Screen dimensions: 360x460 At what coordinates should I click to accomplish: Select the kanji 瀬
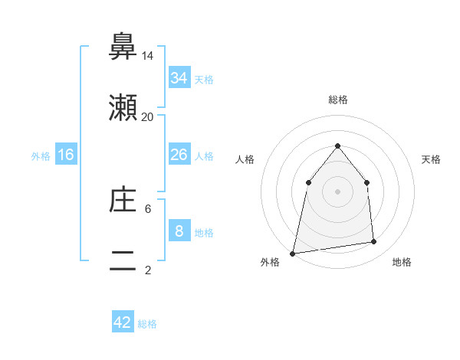pyautogui.click(x=123, y=108)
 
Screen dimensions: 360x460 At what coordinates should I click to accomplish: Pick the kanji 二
pyautogui.click(x=123, y=262)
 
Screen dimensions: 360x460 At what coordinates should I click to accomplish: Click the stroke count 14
pyautogui.click(x=147, y=56)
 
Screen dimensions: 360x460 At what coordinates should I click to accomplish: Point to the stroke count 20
pyautogui.click(x=147, y=117)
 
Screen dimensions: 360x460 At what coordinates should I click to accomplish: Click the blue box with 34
pyautogui.click(x=179, y=78)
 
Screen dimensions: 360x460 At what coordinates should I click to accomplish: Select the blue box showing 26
pyautogui.click(x=179, y=155)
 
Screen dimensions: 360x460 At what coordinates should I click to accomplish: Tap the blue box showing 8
pyautogui.click(x=179, y=231)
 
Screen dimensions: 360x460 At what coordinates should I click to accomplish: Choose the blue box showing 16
pyautogui.click(x=66, y=155)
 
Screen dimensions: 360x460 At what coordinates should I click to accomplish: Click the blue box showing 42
pyautogui.click(x=123, y=322)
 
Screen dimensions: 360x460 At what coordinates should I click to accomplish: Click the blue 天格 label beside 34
pyautogui.click(x=204, y=79)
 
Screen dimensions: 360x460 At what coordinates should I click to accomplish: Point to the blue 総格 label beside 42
pyautogui.click(x=147, y=324)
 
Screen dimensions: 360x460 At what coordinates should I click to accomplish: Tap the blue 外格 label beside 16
pyautogui.click(x=41, y=155)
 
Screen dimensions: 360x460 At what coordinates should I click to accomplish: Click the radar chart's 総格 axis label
pyautogui.click(x=337, y=100)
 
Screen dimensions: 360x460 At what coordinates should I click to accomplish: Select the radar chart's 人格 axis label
pyautogui.click(x=245, y=159)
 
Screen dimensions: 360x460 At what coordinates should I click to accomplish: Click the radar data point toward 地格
pyautogui.click(x=374, y=242)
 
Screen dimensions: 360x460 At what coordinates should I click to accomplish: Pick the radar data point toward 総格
pyautogui.click(x=337, y=145)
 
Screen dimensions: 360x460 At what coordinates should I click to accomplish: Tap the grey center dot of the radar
pyautogui.click(x=337, y=191)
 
